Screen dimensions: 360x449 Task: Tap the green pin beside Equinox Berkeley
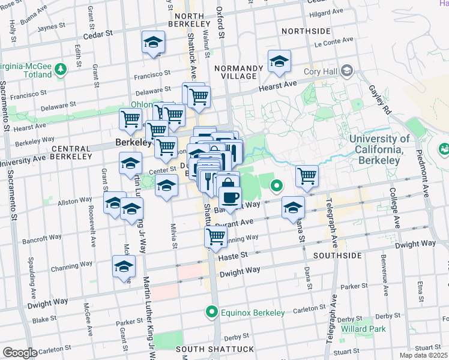[x=211, y=312]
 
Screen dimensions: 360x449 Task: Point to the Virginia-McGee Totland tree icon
[x=61, y=70]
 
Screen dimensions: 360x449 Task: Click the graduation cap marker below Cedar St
[x=153, y=43]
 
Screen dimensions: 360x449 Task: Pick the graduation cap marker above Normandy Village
[x=279, y=62]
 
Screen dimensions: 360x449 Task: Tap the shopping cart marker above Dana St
[x=307, y=176]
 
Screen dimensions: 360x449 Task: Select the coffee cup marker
[x=229, y=197]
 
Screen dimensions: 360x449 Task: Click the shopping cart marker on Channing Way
[x=216, y=236]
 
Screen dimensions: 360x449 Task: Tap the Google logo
[x=20, y=353]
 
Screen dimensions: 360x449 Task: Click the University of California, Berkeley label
[x=379, y=150]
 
